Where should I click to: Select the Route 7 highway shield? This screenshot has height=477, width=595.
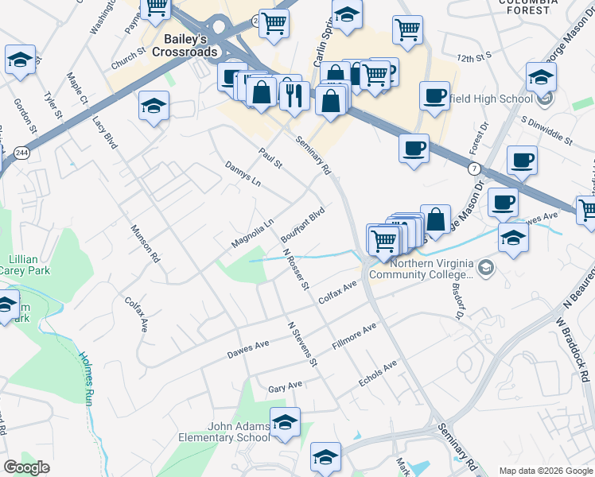[x=474, y=169]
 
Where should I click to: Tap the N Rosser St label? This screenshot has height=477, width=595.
[x=295, y=270]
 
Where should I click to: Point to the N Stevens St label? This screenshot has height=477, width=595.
[x=302, y=344]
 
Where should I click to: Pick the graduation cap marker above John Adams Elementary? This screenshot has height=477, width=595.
[x=285, y=422]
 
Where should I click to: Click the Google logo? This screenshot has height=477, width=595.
[x=27, y=467]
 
